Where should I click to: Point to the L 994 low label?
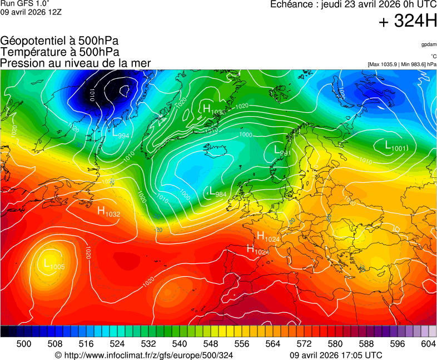coord(121,134)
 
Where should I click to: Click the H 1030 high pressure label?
coord(214,109)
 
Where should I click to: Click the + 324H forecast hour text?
coord(408,22)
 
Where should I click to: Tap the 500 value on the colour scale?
coord(24,344)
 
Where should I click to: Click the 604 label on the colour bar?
coord(428,344)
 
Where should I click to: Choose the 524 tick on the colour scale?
coord(117,344)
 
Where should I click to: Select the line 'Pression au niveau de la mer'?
coord(76,63)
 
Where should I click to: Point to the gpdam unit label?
coord(428,44)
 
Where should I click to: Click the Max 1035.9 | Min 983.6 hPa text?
coord(402,64)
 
